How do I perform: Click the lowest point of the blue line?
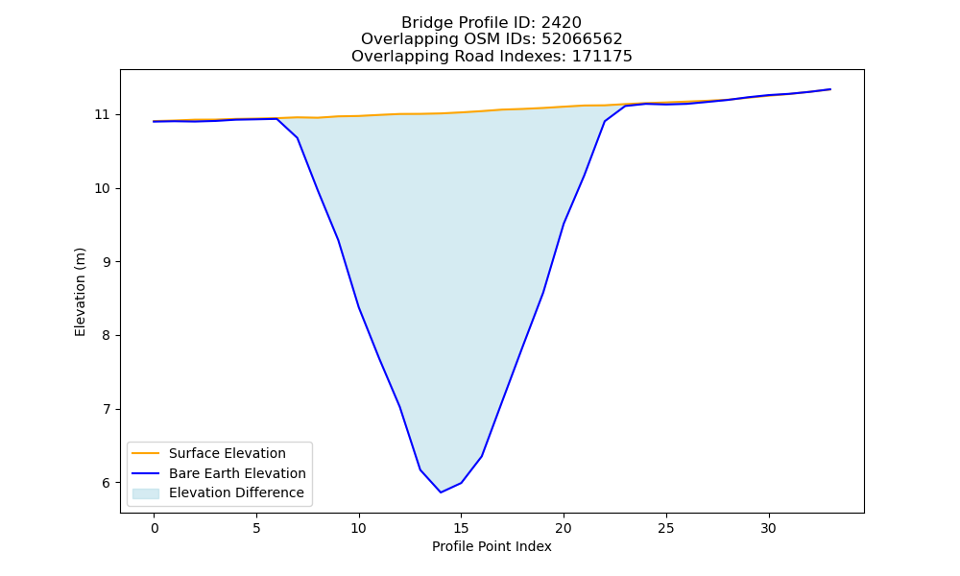[441, 492]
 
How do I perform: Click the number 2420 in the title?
[561, 23]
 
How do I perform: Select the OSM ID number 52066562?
[582, 39]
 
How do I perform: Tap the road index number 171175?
[602, 57]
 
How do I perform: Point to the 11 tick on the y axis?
[102, 115]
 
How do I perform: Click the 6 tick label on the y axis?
[106, 483]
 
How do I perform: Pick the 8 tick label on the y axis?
[106, 335]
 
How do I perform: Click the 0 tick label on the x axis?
[155, 528]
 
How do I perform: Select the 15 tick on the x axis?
[461, 528]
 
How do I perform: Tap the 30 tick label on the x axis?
[768, 528]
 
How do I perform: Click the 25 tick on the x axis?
[666, 528]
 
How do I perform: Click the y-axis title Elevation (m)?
[81, 292]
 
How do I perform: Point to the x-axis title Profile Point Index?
[492, 546]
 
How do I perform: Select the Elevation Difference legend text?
[236, 492]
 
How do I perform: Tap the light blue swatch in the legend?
[146, 493]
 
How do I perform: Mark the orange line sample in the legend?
[146, 453]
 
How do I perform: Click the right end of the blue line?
[830, 89]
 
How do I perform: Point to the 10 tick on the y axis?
[102, 188]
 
